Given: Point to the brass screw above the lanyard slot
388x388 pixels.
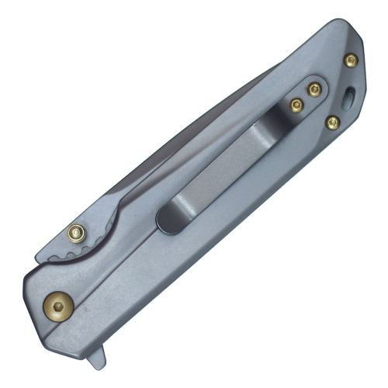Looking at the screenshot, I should pos(351,60).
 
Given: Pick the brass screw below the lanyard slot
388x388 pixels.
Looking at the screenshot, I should pos(333,121).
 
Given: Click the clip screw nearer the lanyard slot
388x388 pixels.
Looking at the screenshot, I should pos(314,91).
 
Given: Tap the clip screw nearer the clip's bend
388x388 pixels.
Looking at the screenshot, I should pos(296,104).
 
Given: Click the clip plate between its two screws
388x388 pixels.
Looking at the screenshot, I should pos(305,98).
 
